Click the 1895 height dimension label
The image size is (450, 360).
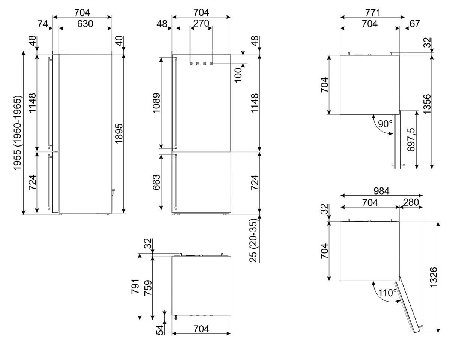tap(119, 133)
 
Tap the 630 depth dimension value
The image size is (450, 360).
tap(85, 24)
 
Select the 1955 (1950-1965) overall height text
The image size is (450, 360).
tap(17, 133)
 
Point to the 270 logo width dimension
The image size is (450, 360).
tap(201, 23)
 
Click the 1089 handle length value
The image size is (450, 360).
tap(156, 103)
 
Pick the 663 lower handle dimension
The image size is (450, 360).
tap(156, 182)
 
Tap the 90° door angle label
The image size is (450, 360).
tap(385, 124)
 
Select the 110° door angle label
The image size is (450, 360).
tap(387, 292)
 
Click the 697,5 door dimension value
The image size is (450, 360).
tap(411, 140)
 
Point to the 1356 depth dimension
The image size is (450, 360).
tap(427, 104)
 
